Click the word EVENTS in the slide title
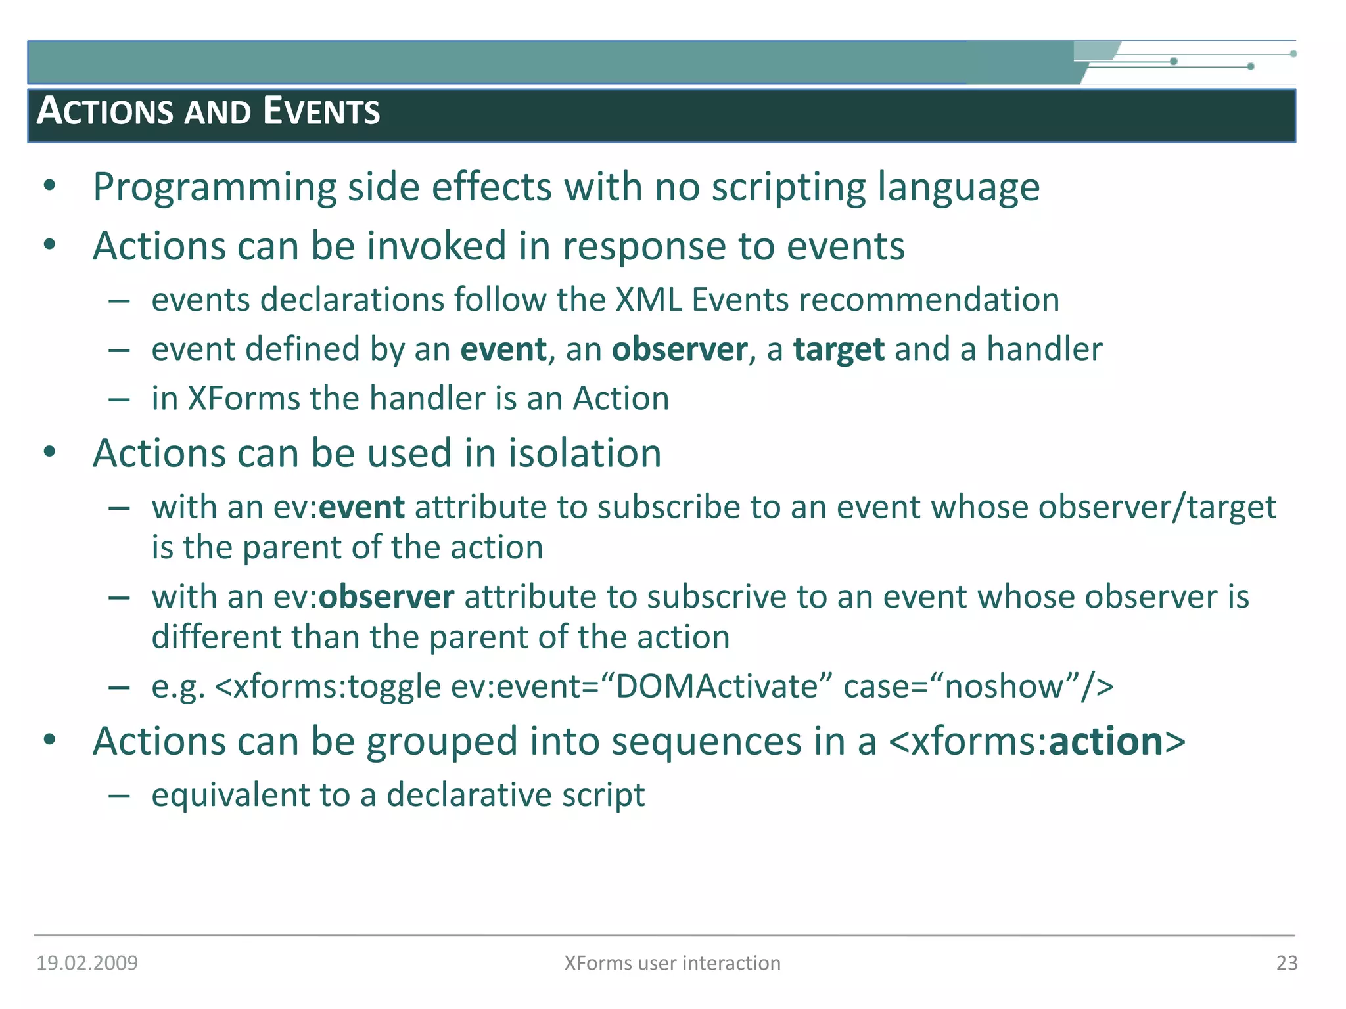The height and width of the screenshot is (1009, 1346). point(321,111)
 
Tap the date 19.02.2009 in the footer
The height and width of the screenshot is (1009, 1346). point(87,963)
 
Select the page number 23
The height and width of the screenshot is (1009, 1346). point(1286,963)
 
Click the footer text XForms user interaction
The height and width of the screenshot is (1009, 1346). point(672,963)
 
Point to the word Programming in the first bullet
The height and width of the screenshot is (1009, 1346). point(214,188)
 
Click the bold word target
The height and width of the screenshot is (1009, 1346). point(838,349)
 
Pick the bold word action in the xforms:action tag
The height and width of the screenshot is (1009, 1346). point(1105,742)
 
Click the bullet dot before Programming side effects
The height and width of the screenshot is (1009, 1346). point(50,186)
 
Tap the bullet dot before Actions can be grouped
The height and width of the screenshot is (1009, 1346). point(50,740)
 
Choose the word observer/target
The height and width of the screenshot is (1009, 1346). point(1157,508)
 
